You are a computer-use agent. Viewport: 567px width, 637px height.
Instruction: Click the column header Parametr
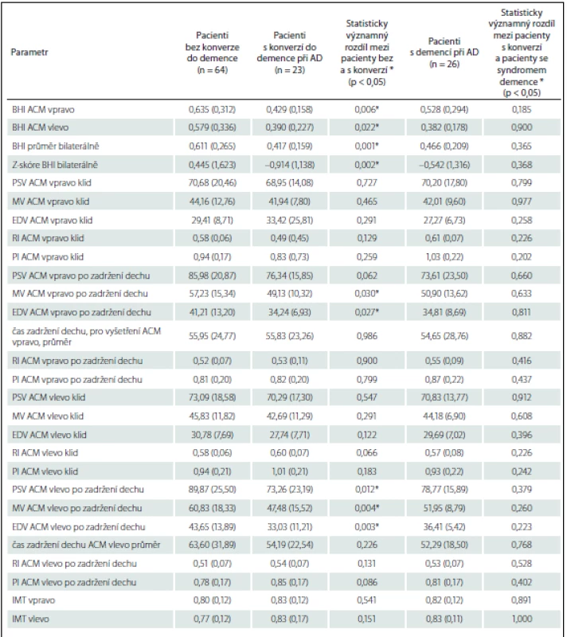[x=29, y=53]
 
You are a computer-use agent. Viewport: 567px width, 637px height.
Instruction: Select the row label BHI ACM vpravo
[x=43, y=109]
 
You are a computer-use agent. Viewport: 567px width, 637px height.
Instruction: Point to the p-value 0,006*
[x=367, y=109]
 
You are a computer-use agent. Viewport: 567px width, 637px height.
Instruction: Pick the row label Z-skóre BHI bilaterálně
[x=55, y=165]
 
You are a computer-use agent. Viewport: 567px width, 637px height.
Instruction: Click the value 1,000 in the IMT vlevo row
[x=522, y=619]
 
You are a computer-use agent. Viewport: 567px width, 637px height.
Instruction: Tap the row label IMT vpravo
[x=33, y=600]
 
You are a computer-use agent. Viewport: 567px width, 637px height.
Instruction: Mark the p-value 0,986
[x=367, y=336]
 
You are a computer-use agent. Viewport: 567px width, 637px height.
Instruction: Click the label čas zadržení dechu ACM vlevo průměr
[x=86, y=545]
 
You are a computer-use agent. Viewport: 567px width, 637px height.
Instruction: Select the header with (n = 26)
[x=444, y=53]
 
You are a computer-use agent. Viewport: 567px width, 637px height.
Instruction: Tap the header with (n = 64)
[x=213, y=53]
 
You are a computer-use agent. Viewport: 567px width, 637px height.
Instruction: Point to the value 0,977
[x=522, y=201]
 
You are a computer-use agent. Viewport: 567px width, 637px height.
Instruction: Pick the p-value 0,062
[x=367, y=276]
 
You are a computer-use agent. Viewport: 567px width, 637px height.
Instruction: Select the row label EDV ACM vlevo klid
[x=49, y=435]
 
